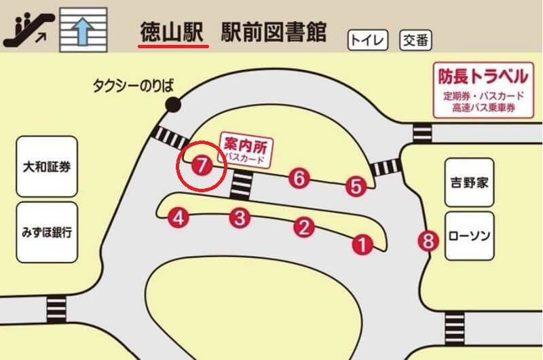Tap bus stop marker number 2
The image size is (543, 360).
pos(303,227)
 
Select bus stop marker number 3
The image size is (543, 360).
pos(240,218)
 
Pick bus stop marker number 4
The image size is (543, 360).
pos(178,218)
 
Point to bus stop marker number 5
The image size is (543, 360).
pos(356,185)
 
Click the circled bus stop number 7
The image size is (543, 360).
pos(201,165)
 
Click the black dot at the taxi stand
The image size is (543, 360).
pos(173,105)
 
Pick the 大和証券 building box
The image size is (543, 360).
pos(46,166)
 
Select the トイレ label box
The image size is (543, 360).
pos(368,40)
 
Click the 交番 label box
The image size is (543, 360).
pos(415,40)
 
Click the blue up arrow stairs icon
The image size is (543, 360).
pos(83,28)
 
